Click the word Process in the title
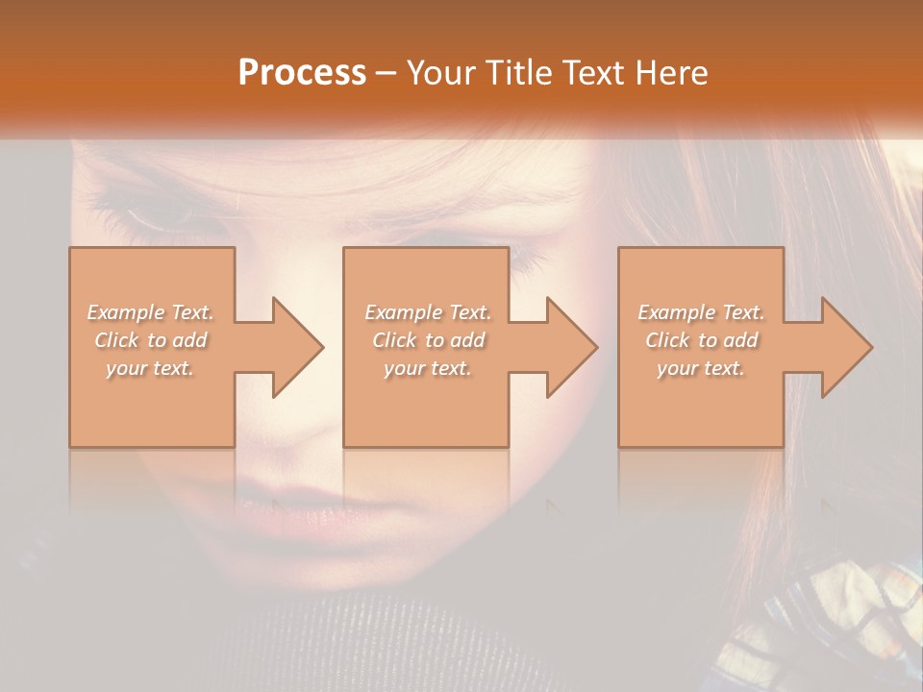tap(302, 73)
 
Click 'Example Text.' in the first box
tap(151, 312)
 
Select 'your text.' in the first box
tap(151, 368)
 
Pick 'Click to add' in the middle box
tap(428, 340)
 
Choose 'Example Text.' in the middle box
tap(428, 312)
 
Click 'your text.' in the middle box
tap(428, 368)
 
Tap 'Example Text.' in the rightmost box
tap(701, 312)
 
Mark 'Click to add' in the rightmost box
tap(701, 340)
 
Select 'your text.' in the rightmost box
tap(701, 368)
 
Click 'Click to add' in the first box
tap(151, 340)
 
